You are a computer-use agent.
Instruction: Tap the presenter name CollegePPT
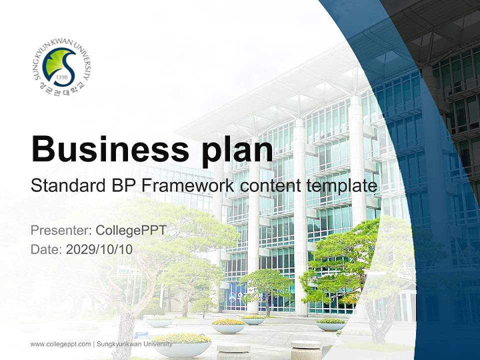130,230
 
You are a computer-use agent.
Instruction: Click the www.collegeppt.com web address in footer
60,344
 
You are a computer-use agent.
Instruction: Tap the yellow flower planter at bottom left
181,344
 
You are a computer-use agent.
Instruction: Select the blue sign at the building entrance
235,296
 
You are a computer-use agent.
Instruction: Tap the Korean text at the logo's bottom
60,90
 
